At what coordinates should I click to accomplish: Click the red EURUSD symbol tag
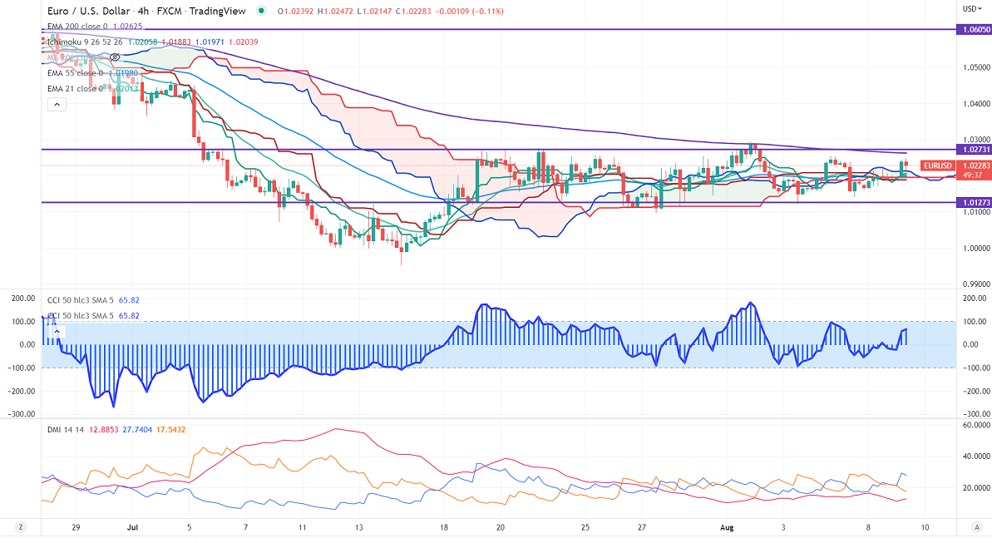click(937, 165)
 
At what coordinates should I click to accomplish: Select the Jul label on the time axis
click(132, 526)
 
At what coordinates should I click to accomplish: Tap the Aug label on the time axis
click(725, 526)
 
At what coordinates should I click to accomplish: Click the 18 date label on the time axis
click(445, 526)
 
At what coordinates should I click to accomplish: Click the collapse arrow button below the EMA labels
click(56, 104)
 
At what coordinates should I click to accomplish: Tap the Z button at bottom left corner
click(21, 526)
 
